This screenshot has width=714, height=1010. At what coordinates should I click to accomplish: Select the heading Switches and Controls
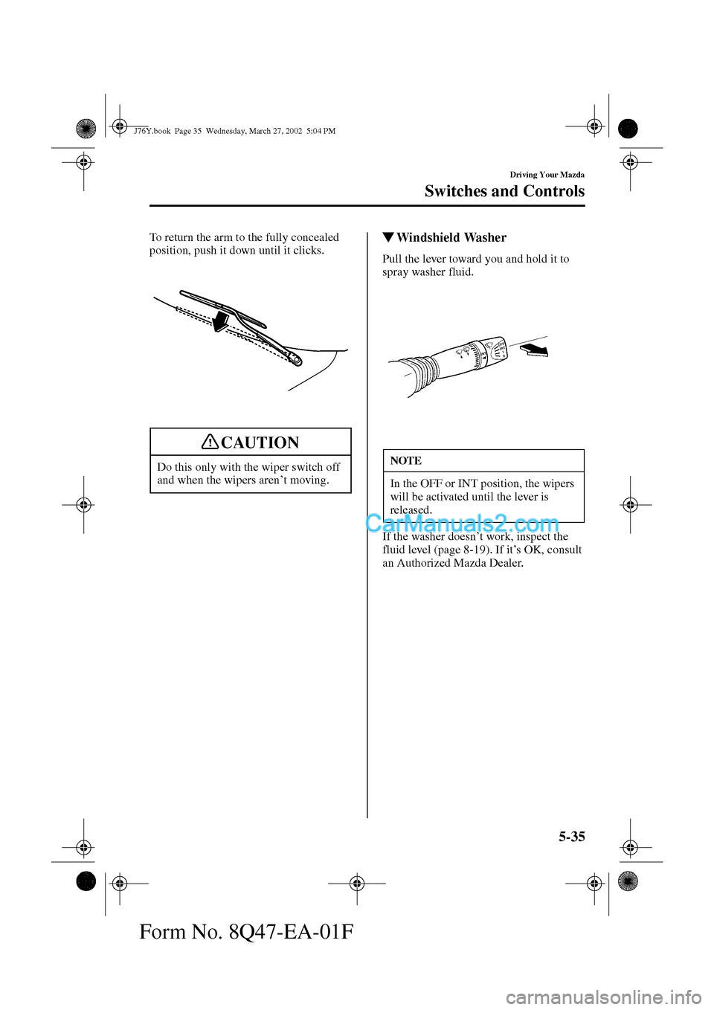coord(504,191)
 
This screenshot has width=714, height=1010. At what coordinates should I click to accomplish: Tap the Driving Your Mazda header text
coord(547,175)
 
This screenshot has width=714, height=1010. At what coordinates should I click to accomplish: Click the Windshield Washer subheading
coord(451,238)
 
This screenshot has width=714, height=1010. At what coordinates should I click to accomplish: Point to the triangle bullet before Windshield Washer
coord(387,238)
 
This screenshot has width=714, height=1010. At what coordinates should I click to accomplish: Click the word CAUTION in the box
coord(260,443)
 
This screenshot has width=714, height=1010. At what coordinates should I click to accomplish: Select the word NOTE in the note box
coord(405,461)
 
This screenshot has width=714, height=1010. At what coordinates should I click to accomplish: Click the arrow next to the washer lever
coord(533,349)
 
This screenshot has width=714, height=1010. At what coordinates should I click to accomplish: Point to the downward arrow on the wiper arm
coord(219,322)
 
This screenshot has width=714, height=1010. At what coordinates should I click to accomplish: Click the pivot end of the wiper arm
coord(297,360)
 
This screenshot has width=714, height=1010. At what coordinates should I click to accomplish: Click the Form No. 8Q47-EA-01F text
coord(246,930)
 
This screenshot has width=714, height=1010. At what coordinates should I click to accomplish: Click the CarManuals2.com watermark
coord(463,524)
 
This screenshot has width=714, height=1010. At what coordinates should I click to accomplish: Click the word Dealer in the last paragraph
coord(506,563)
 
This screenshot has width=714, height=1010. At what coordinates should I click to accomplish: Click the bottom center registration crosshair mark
coord(357,884)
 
